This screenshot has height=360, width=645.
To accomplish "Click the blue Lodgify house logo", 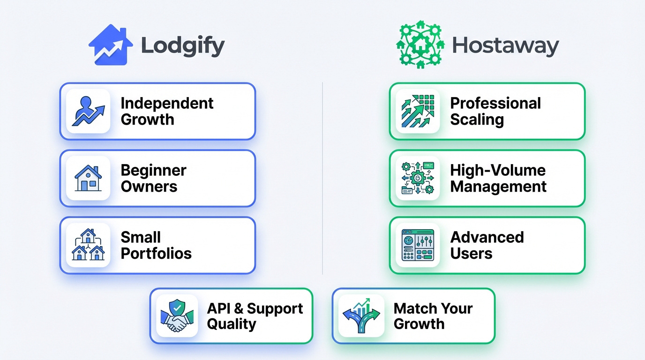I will point(111,45).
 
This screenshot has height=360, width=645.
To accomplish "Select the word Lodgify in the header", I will point(183,46).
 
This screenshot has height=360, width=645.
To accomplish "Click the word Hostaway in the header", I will point(505,46).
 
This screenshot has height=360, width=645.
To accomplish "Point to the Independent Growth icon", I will point(88,112).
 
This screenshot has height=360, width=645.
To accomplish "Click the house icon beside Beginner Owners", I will point(88,179).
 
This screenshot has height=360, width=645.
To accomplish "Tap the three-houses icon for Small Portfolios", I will point(88,245).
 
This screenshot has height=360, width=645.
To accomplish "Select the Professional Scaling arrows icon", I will point(418,112).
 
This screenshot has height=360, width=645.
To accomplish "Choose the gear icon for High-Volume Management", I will point(418,179).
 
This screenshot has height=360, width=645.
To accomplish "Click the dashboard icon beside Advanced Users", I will point(418,245).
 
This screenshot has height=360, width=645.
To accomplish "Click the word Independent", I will point(167,103).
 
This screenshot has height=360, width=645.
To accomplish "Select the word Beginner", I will point(153,170).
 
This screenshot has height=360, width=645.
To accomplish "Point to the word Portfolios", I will point(156,254).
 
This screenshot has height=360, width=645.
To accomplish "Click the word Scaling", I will point(477,120).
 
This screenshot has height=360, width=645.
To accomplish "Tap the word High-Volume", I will point(498,170).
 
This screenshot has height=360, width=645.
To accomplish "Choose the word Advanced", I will point(487,237).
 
